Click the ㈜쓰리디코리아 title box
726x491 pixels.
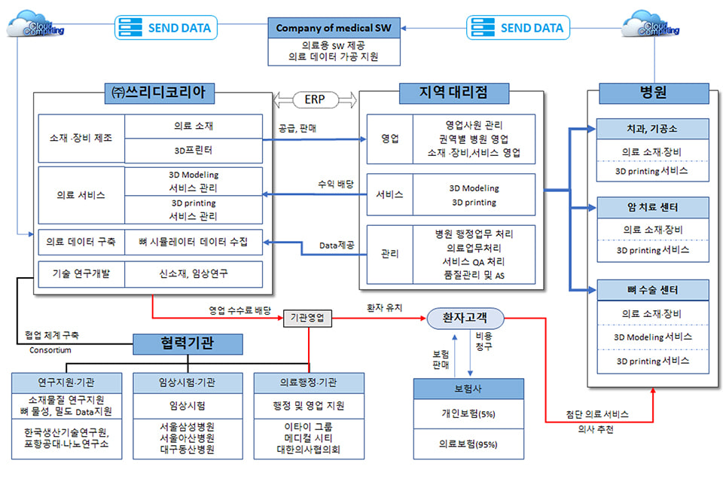(161, 93)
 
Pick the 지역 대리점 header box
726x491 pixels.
(453, 93)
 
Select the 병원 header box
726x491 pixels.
(653, 93)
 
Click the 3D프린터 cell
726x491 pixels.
(194, 149)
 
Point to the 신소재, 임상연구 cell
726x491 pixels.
(194, 274)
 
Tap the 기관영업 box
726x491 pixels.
(309, 318)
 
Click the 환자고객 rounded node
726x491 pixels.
(465, 319)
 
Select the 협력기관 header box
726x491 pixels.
(188, 343)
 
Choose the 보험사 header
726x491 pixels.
(468, 389)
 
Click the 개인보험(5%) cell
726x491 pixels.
(468, 414)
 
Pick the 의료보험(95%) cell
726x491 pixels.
(468, 444)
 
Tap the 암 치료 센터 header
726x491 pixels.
(652, 206)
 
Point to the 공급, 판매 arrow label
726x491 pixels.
(297, 128)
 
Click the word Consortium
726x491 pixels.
(50, 349)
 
